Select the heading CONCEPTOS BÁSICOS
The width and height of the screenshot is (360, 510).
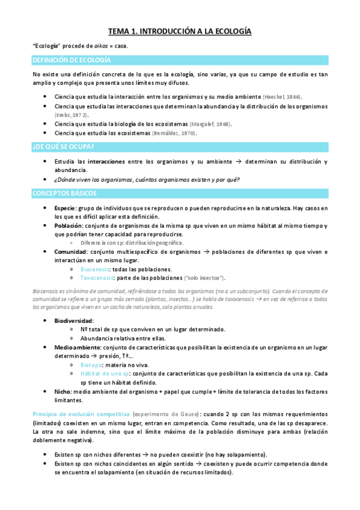[67, 193]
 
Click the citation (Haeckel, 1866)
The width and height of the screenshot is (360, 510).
[283, 97]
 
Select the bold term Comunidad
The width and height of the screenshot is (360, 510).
[70, 251]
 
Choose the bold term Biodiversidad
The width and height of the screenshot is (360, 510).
[74, 321]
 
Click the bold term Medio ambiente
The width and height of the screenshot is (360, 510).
[75, 347]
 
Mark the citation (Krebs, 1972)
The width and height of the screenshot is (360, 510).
[72, 114]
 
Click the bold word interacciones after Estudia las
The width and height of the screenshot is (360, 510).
[106, 162]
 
